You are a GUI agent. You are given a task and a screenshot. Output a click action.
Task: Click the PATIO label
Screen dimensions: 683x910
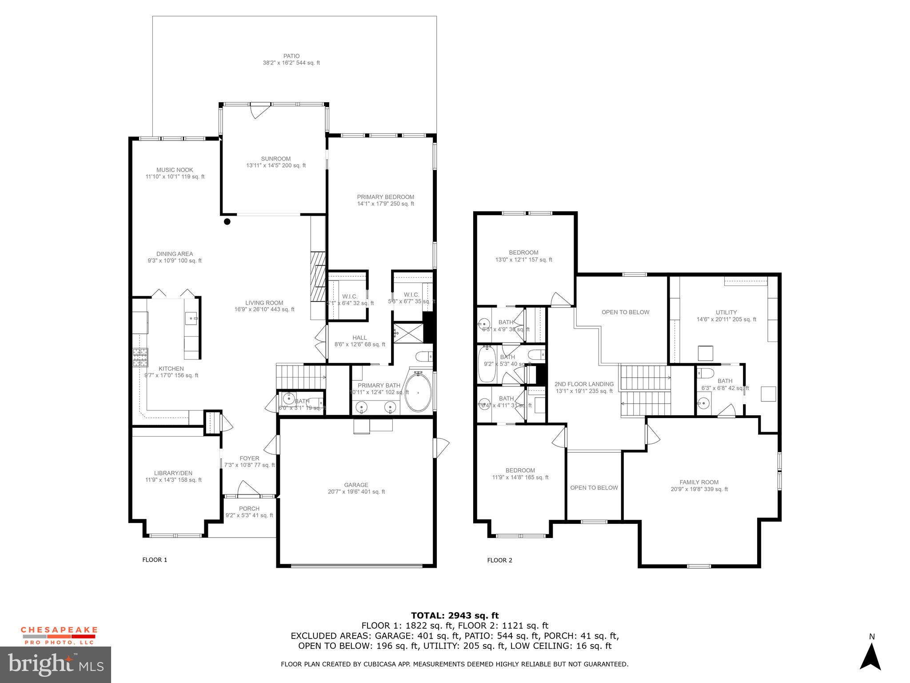[291, 56]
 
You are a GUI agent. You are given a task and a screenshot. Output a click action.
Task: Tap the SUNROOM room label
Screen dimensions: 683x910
[276, 159]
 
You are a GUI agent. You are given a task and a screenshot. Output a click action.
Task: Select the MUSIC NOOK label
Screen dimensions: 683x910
[175, 170]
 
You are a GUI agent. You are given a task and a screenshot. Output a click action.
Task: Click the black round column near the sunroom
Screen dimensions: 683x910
[227, 221]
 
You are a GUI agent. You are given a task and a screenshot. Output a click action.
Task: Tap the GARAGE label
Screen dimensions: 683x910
[356, 485]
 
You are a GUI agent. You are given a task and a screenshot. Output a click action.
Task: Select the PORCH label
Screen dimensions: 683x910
[249, 509]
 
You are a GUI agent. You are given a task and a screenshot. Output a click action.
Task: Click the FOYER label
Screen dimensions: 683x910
[249, 458]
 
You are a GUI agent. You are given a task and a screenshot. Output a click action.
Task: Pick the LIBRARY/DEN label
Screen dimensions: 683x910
[173, 473]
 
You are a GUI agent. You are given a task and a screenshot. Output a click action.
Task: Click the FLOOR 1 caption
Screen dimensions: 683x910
[155, 560]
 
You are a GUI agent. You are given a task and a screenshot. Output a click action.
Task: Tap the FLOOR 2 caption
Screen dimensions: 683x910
[499, 560]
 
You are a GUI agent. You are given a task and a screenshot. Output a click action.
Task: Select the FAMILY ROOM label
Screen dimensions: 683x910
[699, 482]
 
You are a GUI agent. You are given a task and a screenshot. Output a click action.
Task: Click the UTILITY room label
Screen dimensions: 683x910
[726, 312]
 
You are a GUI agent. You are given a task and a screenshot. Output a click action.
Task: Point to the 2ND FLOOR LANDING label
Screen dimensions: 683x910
[584, 384]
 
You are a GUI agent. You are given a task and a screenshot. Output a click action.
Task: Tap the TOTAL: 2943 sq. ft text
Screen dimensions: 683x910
[455, 615]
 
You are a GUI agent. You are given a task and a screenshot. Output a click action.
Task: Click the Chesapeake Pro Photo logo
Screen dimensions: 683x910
[59, 635]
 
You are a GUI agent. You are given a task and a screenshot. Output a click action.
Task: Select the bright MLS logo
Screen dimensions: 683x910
[56, 665]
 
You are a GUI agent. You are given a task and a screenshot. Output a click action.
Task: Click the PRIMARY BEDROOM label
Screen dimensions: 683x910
[385, 197]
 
